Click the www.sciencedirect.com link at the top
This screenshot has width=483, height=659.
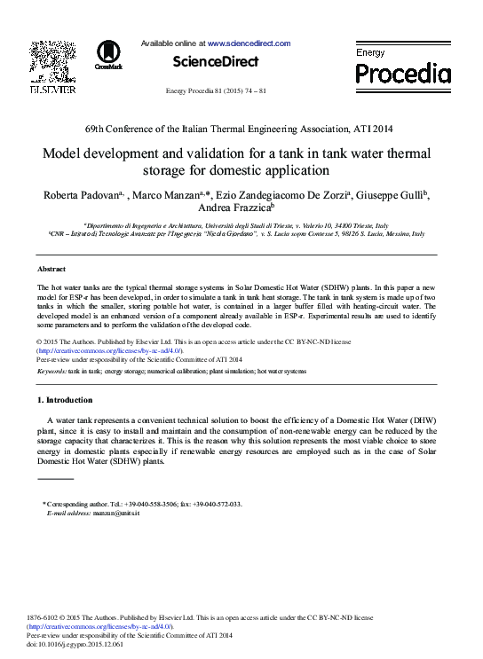(x=249, y=43)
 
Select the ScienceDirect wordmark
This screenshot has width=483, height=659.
(x=215, y=62)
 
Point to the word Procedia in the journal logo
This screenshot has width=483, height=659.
(x=403, y=73)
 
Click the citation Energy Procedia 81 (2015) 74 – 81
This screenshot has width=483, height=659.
(x=217, y=91)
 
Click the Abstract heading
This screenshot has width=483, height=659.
(x=51, y=269)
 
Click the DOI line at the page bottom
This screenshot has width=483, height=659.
(x=75, y=644)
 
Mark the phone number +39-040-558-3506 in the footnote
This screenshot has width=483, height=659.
(x=150, y=504)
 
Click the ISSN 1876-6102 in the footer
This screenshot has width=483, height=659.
(x=46, y=617)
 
